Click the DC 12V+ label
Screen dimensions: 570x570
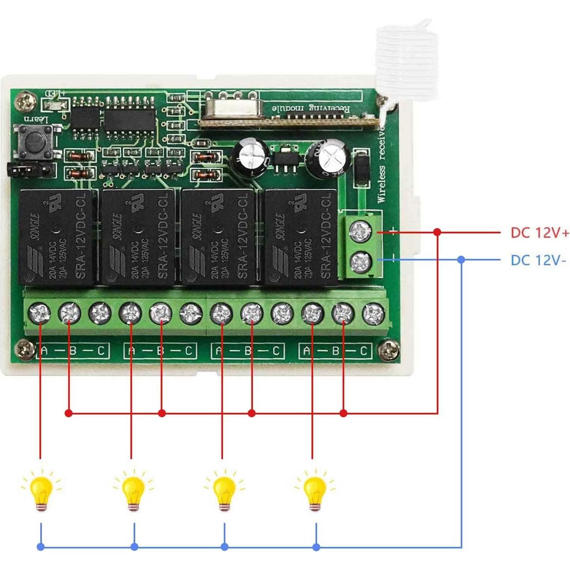[540, 233]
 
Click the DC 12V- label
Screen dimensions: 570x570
[538, 260]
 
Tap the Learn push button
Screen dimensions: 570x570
[34, 142]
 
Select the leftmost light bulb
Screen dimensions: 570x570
[41, 490]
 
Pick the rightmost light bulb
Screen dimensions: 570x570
[315, 490]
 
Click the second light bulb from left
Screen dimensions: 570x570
[133, 490]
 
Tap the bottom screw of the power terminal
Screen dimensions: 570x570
[361, 262]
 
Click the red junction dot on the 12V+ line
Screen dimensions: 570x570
[438, 232]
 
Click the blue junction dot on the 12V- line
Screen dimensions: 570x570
[462, 260]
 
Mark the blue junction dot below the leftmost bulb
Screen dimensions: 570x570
[41, 547]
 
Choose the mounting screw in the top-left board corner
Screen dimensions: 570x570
[24, 101]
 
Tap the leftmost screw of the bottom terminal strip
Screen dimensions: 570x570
[40, 313]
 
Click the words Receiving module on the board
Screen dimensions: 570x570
[311, 108]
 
